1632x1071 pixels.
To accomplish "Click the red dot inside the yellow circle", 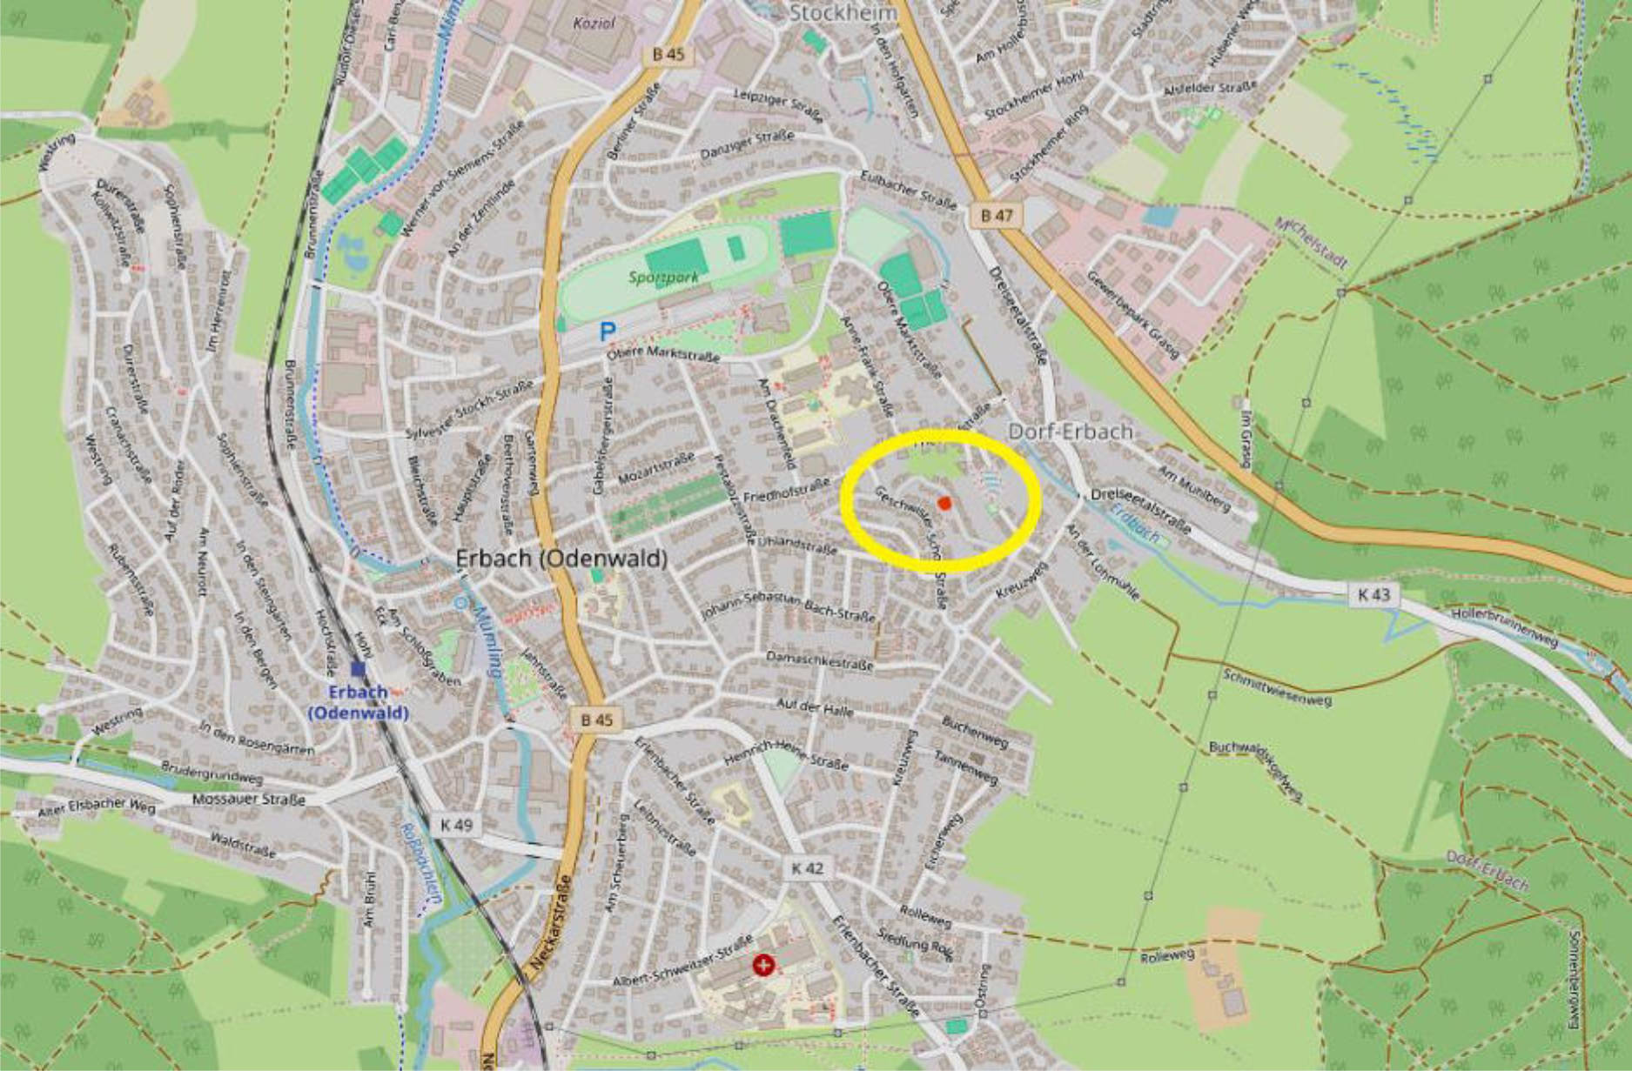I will (944, 503).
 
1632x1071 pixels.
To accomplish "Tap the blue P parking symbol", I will (607, 331).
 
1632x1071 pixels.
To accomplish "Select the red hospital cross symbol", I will (764, 965).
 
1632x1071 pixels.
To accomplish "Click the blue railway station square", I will (358, 668).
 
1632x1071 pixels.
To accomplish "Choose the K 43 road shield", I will (1373, 595).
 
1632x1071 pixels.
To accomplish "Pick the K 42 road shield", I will (807, 868).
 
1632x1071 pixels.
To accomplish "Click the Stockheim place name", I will (843, 12).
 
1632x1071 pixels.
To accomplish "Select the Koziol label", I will (593, 23).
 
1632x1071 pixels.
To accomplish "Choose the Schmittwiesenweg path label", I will (1277, 687).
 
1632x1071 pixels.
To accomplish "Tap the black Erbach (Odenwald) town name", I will (561, 559).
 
